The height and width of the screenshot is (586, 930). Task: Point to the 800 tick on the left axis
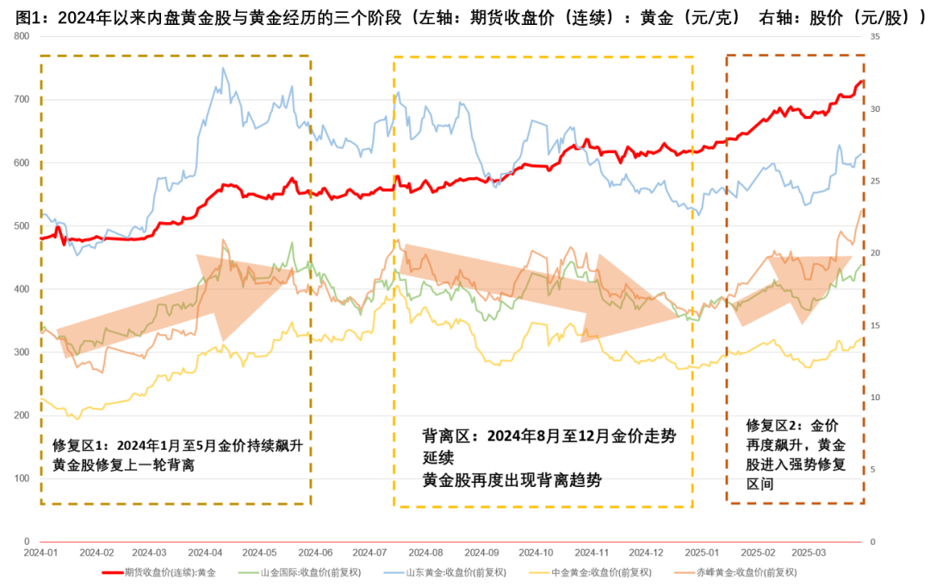[22, 36]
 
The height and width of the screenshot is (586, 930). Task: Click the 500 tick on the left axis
[22, 226]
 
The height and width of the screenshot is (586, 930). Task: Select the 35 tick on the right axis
[875, 36]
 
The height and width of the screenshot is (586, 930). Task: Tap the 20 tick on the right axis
[875, 253]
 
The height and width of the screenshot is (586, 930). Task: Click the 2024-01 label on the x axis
[41, 552]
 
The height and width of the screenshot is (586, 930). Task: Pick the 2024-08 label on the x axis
[425, 552]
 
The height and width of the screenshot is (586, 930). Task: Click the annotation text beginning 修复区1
[177, 455]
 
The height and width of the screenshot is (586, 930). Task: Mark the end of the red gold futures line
[862, 82]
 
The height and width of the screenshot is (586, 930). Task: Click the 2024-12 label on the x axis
[646, 552]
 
